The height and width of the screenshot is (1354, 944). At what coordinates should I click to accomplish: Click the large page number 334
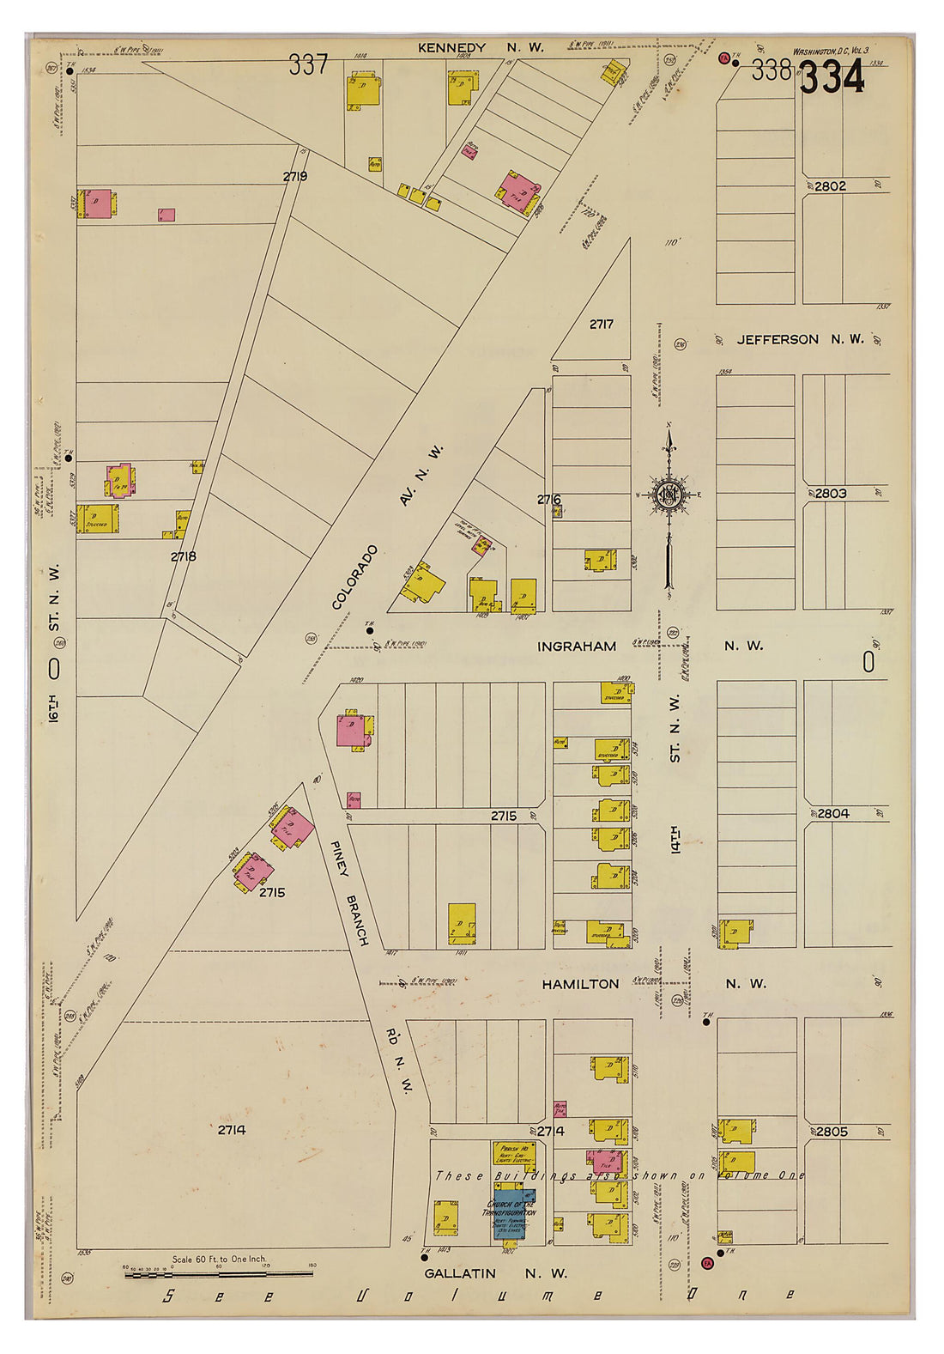point(832,79)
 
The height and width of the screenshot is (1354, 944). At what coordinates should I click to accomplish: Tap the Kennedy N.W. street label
point(480,48)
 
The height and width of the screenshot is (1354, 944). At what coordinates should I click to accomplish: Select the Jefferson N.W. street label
point(800,339)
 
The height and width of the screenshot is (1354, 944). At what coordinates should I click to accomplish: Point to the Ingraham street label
point(576,646)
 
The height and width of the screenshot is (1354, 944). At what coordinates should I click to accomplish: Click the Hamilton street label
point(579,984)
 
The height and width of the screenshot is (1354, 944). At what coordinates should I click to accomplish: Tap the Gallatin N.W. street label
point(495,1273)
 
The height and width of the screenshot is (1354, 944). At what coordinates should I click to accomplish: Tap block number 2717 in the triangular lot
point(601,325)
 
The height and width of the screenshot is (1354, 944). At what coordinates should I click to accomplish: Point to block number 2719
point(295,176)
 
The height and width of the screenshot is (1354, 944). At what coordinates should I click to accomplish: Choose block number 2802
point(830,185)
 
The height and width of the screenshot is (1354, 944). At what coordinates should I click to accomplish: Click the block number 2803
point(830,494)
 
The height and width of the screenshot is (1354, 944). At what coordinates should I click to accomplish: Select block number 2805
point(831,1132)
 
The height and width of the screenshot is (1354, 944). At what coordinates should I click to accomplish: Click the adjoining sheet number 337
point(308,64)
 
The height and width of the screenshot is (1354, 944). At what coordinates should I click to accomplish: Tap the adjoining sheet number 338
point(770,70)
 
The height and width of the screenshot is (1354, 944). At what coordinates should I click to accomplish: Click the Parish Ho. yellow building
point(514,1154)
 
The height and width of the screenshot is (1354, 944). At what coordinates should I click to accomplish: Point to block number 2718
point(183,556)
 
